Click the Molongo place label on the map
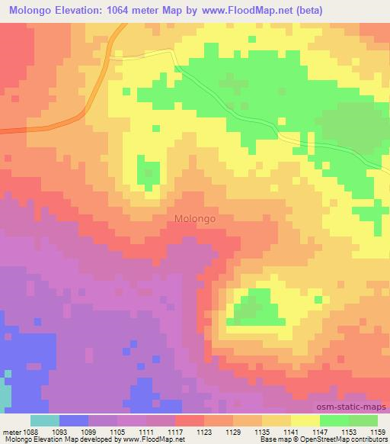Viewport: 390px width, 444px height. (x=195, y=218)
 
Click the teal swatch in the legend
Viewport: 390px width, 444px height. (x=45, y=420)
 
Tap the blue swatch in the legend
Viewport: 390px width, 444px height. (x=74, y=420)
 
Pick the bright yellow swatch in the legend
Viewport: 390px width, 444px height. (x=305, y=420)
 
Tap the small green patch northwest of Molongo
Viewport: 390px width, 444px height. (x=145, y=172)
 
